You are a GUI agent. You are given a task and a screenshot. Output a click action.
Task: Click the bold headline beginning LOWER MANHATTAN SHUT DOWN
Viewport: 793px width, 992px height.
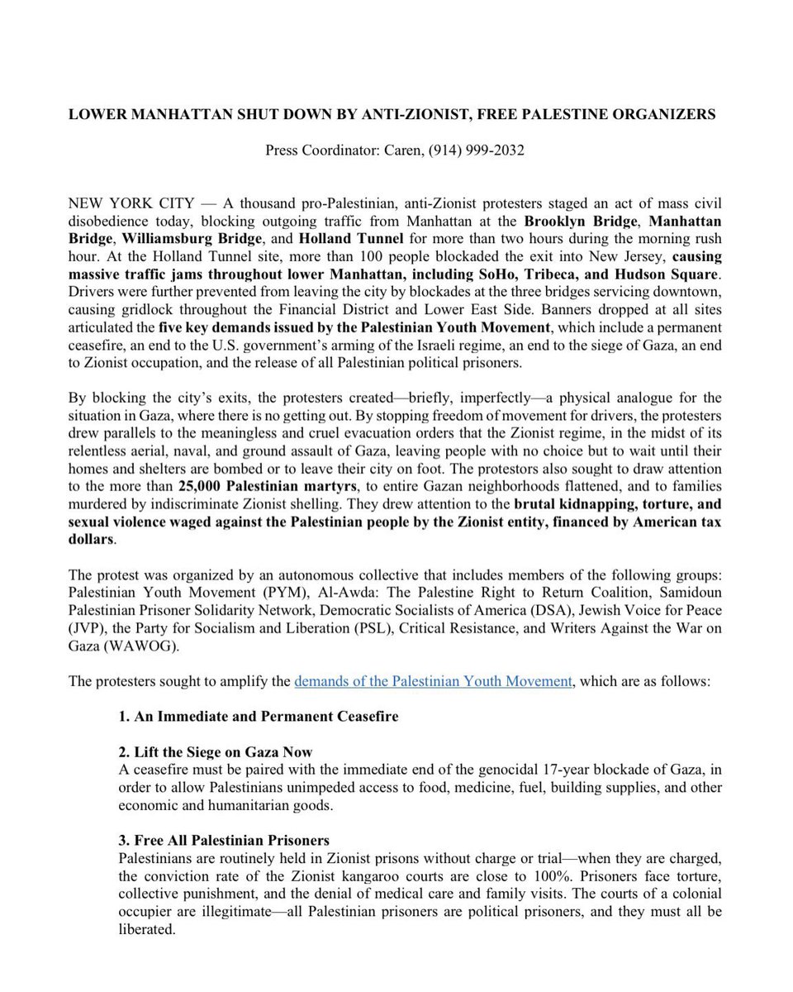392,114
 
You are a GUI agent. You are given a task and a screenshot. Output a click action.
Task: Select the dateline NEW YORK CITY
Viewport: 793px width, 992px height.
131,203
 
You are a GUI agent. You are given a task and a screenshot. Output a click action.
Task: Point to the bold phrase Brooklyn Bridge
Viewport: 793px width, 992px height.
581,221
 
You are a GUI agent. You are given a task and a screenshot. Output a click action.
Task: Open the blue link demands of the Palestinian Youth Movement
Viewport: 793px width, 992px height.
433,681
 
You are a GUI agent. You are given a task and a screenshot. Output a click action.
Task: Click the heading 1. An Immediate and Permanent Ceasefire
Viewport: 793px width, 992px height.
258,716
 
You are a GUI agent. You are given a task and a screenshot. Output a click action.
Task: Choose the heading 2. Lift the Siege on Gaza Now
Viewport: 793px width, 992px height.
216,751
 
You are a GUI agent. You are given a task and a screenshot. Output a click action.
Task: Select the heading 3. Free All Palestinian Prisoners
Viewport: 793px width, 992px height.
224,841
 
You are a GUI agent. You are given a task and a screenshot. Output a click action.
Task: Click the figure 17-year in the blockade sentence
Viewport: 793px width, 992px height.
552,770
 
